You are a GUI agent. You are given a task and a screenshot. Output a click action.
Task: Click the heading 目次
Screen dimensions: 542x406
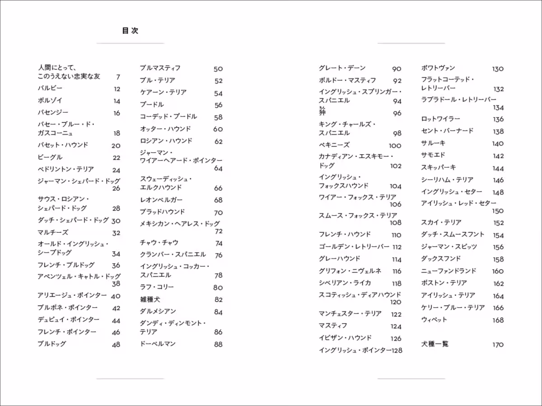coord(130,31)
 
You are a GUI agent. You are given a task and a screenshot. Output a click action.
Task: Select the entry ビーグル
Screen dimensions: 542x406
coord(50,157)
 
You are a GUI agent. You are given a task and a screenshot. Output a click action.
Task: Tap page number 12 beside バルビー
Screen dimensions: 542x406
coord(117,89)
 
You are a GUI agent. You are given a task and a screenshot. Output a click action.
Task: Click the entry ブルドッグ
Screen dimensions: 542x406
coord(51,344)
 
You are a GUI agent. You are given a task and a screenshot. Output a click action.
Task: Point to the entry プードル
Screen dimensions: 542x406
coord(152,105)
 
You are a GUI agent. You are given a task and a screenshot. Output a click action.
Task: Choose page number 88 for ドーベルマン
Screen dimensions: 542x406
coord(218,344)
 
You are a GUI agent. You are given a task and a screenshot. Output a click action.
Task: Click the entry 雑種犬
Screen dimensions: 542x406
coord(150,300)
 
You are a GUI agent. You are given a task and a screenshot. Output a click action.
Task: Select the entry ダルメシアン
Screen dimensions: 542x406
coord(158,312)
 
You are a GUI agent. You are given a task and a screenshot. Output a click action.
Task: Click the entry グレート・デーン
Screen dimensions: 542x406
coord(342,68)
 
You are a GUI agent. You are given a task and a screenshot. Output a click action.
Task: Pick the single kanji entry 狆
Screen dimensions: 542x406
coord(322,112)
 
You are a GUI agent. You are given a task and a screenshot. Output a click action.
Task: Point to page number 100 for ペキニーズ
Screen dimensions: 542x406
coord(395,146)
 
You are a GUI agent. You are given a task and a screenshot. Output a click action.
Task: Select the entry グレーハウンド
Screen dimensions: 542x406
coord(339,259)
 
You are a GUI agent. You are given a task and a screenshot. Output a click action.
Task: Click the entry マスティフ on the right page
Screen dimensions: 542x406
coord(333,326)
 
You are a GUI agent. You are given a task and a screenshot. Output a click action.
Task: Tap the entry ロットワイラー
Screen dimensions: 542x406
coord(440,119)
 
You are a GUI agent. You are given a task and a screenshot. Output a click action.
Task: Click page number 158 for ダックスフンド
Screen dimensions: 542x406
coord(498,259)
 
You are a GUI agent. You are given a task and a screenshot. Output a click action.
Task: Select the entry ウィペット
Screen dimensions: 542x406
coord(434,320)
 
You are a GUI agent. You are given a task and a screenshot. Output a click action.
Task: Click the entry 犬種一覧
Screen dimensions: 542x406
coord(435,344)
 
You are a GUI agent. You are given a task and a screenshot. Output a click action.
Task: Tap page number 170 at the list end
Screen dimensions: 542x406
coord(498,345)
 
